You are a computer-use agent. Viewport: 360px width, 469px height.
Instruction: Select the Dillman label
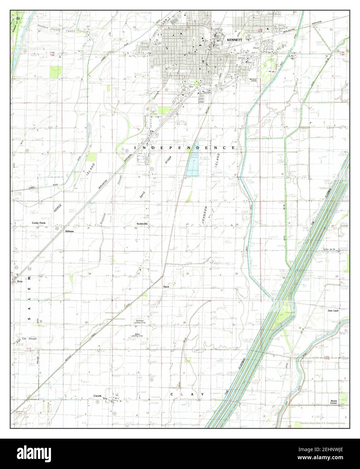point(69,232)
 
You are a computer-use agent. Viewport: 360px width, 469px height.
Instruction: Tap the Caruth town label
point(98,396)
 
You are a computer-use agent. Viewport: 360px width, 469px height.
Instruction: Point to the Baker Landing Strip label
point(137,336)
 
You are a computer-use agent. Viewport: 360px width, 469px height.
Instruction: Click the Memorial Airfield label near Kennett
point(253,80)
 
